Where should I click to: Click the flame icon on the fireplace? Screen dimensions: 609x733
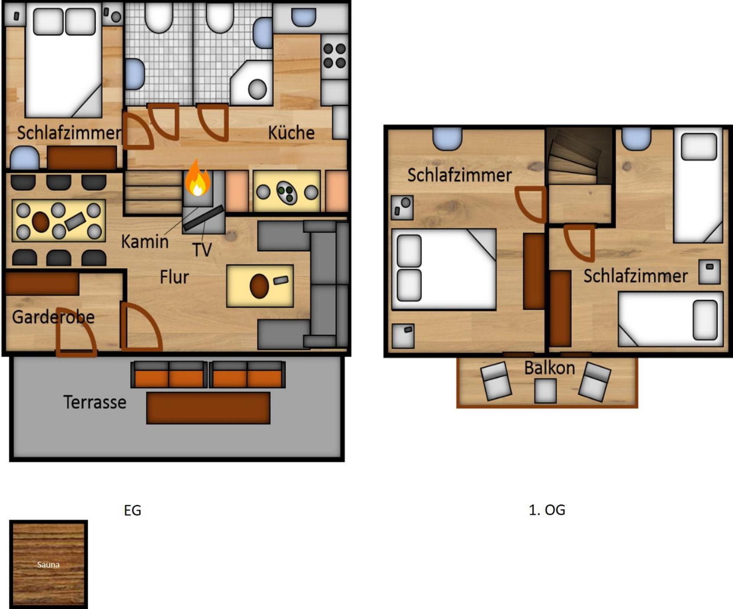(x=197, y=179)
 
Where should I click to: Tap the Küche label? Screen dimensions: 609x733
(x=291, y=133)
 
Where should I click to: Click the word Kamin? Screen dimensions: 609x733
(x=145, y=242)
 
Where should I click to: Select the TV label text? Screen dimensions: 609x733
(x=202, y=250)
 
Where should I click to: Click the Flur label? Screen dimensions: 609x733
(x=174, y=277)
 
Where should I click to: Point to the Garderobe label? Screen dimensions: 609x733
(x=53, y=317)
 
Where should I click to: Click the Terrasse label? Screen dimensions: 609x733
(x=95, y=402)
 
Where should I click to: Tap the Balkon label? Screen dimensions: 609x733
(x=549, y=368)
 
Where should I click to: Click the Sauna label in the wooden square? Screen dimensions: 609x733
(x=48, y=565)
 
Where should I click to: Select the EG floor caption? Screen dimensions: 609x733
(x=132, y=511)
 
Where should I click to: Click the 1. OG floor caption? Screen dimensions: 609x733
(x=547, y=510)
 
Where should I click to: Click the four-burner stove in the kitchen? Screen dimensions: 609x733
(x=334, y=56)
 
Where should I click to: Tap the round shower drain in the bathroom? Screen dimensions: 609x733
(x=257, y=89)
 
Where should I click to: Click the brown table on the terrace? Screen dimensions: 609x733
(x=208, y=408)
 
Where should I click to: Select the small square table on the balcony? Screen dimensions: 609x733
(x=545, y=391)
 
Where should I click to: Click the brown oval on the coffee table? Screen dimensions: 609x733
(x=259, y=286)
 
